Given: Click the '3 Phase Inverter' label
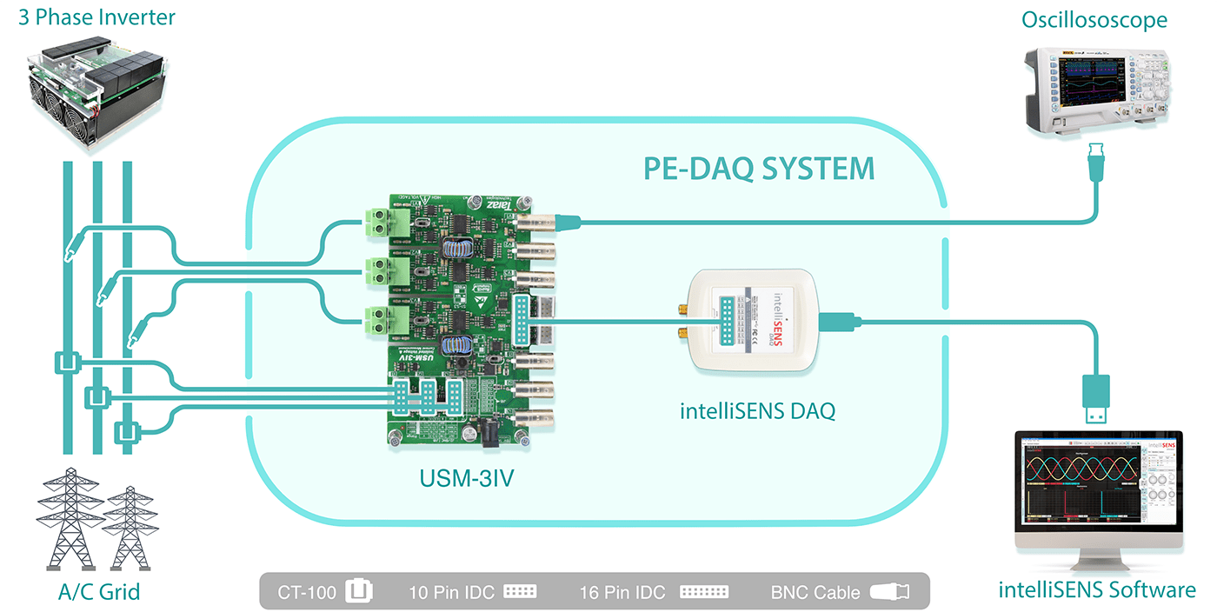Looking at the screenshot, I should tap(97, 17).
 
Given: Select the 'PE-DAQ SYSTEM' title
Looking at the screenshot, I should tap(758, 168).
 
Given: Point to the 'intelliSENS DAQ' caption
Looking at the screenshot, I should tap(757, 411).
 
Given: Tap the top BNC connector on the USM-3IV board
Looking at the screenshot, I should tap(535, 223).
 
